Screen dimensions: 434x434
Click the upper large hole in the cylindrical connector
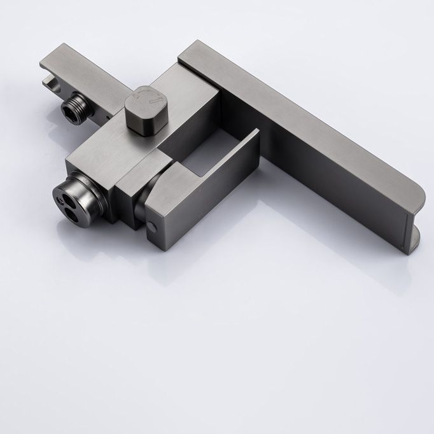click(x=68, y=192)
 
